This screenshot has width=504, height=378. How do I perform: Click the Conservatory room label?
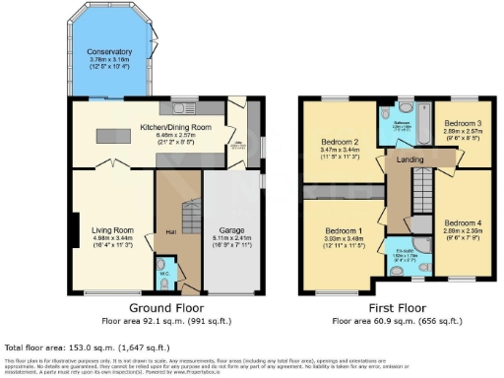coord(107,51)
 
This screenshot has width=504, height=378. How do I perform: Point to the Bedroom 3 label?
coord(462,121)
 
